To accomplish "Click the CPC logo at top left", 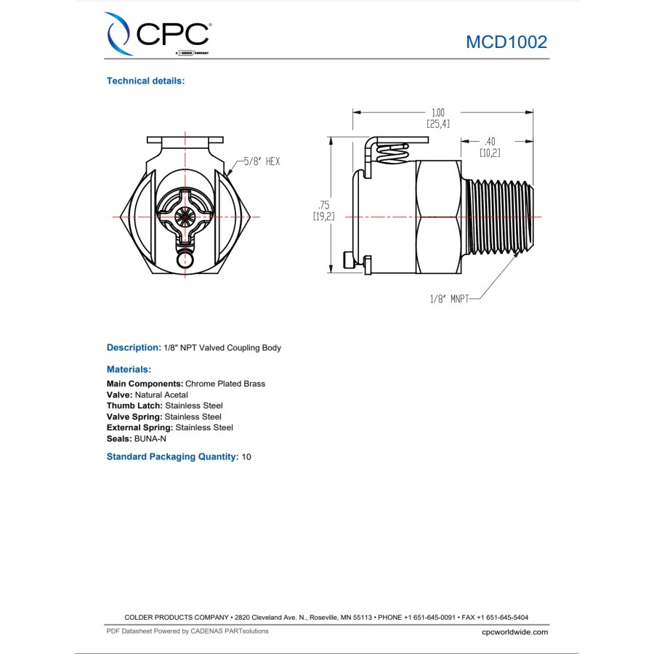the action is coord(158,33).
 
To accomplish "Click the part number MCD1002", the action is coord(506,42).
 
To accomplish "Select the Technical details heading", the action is coord(145,81).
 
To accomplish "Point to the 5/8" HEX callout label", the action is coord(262,161).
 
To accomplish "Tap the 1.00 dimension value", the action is coord(438,113).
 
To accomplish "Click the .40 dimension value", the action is coord(490,142).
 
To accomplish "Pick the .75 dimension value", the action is coord(323,205).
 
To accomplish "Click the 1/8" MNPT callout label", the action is coord(450,299).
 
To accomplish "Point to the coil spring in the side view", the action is coord(393,153).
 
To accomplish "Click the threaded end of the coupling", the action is coord(498,217).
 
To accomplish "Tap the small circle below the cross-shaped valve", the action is coord(185,260).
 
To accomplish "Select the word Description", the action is coord(134,347).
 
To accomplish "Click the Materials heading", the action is coord(129,370).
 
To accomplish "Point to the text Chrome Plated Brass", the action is coord(225,384).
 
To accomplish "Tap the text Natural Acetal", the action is coord(161,395).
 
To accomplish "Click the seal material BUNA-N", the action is coord(150,439).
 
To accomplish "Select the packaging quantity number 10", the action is coord(246,457).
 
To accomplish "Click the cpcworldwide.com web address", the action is coord(514,632).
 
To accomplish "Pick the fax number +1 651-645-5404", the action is coord(503,617).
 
